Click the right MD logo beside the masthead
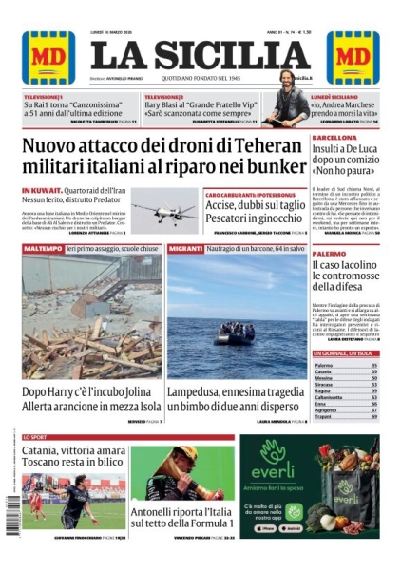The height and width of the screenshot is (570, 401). (x=353, y=57)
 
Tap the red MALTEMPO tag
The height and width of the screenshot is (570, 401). (x=42, y=247)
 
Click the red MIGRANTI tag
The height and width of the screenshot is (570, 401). (x=183, y=247)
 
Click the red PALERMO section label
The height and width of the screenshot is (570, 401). (x=329, y=255)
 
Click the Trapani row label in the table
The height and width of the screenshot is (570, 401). (x=324, y=416)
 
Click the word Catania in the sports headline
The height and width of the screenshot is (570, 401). (x=47, y=450)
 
